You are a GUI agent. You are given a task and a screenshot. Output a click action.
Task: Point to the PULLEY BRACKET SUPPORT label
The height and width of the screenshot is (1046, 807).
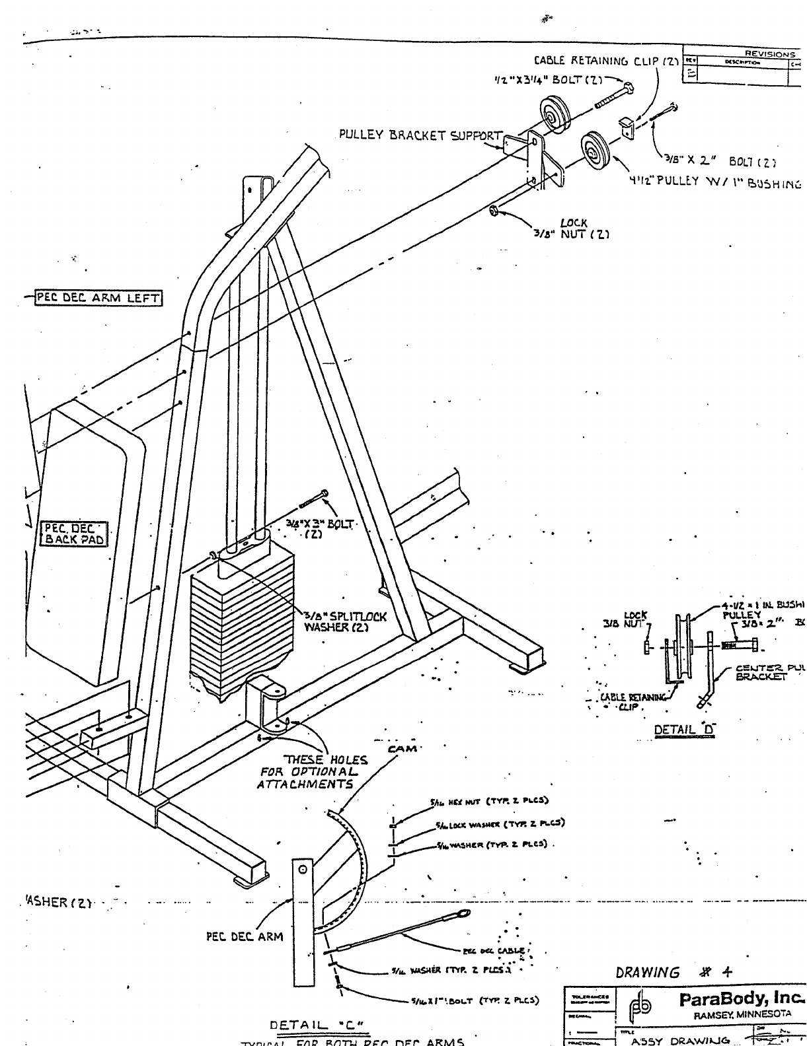click(420, 135)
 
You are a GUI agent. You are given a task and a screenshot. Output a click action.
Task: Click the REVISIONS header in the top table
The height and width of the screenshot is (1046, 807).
click(770, 54)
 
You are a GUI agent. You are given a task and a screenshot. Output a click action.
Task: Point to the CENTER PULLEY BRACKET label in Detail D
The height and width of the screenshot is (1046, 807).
click(771, 672)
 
